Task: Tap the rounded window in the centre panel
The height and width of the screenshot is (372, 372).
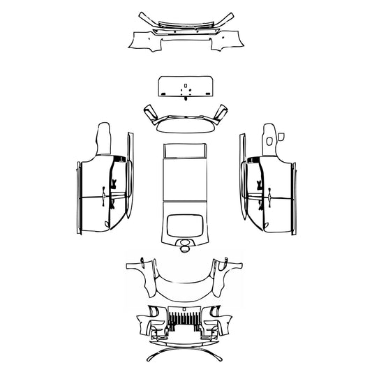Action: pos(185,224)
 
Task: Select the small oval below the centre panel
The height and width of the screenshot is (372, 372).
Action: pos(185,245)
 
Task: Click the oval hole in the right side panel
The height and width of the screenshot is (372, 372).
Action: pos(269,142)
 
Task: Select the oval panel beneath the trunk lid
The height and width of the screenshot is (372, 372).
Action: pos(185,125)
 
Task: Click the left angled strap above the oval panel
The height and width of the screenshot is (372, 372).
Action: pos(149,112)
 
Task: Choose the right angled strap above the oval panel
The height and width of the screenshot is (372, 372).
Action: pos(221,112)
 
